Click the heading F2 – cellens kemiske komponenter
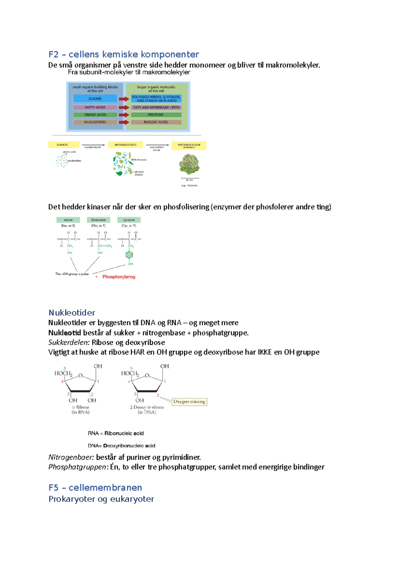tap(123, 54)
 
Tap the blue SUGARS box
tap(95, 99)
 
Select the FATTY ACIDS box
tap(95, 108)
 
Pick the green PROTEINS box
tap(156, 115)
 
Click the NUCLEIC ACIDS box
tap(156, 122)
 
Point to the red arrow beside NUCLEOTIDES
tap(124, 122)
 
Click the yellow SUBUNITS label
tap(64, 145)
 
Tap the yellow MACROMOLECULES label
tap(125, 145)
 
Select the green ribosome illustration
tap(189, 164)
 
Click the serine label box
tap(68, 220)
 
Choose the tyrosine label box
tap(129, 220)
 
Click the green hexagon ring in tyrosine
tap(129, 255)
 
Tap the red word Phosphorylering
tap(119, 277)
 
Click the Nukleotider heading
tap(72, 313)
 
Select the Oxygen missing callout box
tap(189, 402)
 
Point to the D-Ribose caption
tap(81, 407)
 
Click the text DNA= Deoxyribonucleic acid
tap(121, 446)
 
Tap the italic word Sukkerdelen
tap(69, 342)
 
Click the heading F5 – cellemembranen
tap(95, 488)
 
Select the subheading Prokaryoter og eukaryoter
tap(101, 499)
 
